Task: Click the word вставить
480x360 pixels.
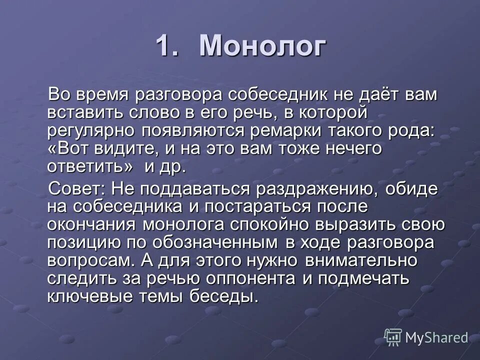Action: pyautogui.click(x=82, y=112)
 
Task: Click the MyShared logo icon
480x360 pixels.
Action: pyautogui.click(x=393, y=337)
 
